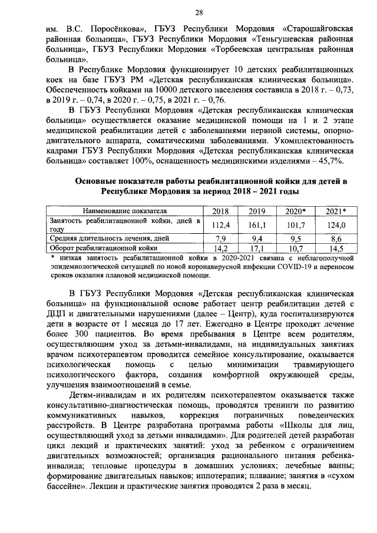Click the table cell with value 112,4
pyautogui.click(x=219, y=224)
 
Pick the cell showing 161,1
pyautogui.click(x=256, y=224)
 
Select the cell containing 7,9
pyautogui.click(x=219, y=239)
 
